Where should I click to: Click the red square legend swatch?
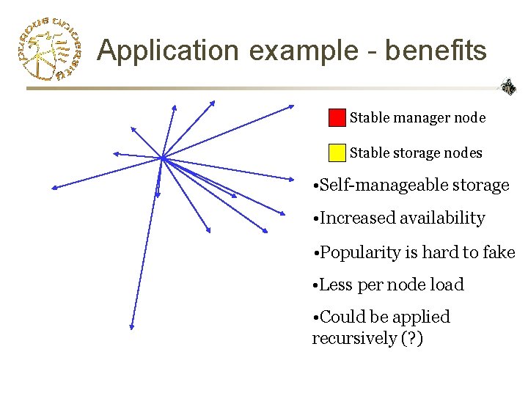[337, 117]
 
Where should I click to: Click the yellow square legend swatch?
[337, 152]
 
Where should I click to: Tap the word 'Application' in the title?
[168, 51]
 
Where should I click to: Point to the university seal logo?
[48, 49]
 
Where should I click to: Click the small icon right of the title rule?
[507, 87]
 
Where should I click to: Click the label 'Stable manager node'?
[417, 117]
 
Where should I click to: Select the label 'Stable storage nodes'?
[416, 153]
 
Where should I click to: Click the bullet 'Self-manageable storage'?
[411, 185]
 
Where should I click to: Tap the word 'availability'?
[441, 218]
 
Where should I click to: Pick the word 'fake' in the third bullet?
[499, 252]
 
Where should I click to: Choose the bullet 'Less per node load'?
[389, 285]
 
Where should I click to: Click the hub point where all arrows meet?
[162, 158]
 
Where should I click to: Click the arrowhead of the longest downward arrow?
[131, 326]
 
